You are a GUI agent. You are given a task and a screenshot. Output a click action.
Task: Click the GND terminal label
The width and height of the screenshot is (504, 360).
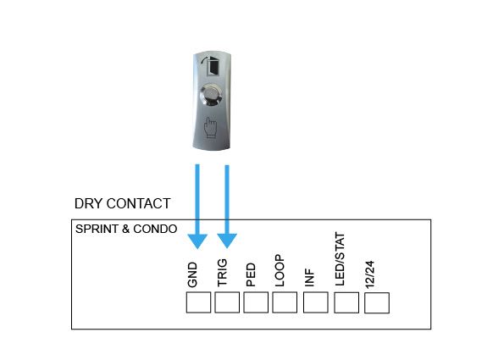pos(192,274)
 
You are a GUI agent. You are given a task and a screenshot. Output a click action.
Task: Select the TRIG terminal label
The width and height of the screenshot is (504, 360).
pos(222,273)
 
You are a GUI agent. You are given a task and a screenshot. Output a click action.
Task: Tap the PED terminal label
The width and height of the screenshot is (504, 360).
pos(251,274)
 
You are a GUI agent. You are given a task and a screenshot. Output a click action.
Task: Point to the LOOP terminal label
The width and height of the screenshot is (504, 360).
pos(280,270)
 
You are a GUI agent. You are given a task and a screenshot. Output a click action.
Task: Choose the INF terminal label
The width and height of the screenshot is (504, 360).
pos(309,278)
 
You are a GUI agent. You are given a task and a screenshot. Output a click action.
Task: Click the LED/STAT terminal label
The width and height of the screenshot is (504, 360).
pos(340,258)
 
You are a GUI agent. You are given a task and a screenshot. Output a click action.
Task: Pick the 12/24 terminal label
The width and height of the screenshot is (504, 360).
pos(370,274)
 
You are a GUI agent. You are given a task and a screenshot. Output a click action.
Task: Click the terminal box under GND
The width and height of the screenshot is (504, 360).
pos(199,302)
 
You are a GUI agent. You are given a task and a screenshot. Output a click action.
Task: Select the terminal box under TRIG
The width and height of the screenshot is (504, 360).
pos(227,302)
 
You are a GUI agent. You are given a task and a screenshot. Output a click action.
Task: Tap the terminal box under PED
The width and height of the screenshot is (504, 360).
pos(256,302)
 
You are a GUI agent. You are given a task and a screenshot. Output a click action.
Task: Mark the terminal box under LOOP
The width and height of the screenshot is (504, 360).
pos(285,302)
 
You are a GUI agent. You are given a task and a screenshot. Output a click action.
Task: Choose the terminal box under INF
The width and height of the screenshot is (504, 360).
pos(316,302)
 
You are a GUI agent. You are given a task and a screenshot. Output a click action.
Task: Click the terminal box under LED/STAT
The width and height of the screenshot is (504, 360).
pos(346,302)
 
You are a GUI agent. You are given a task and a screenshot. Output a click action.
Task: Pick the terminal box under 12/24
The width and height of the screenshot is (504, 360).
pos(377,302)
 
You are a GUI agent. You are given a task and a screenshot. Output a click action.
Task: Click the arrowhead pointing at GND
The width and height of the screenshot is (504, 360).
pos(197,241)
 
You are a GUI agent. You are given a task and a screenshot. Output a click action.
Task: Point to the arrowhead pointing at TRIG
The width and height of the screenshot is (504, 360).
pos(227,241)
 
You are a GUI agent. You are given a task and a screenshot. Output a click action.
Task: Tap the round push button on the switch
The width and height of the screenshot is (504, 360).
pos(211,95)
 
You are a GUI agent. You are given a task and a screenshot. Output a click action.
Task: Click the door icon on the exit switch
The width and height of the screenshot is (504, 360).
pos(211,66)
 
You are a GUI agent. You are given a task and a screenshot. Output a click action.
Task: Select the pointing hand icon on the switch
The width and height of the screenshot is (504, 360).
pos(211,128)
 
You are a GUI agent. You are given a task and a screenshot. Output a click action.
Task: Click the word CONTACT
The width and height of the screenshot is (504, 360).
pos(139,203)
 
